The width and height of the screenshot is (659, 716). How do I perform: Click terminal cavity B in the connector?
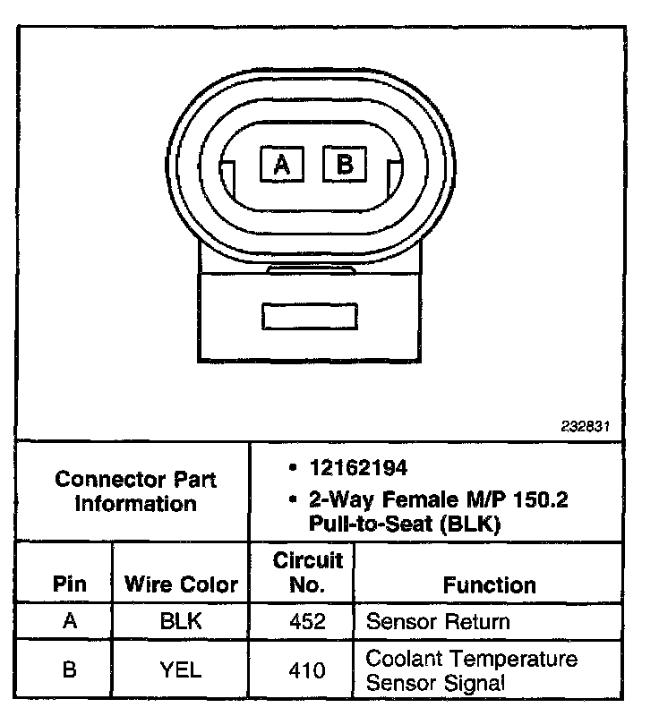pyautogui.click(x=345, y=165)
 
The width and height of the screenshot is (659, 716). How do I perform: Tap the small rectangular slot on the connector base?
pyautogui.click(x=309, y=316)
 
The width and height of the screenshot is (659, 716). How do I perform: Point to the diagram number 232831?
pyautogui.click(x=586, y=427)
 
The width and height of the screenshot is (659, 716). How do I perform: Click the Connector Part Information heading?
pyautogui.click(x=136, y=491)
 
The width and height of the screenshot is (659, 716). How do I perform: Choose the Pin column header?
pyautogui.click(x=70, y=585)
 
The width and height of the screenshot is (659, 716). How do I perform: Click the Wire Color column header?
pyautogui.click(x=181, y=585)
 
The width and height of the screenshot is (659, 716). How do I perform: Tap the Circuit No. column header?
pyautogui.click(x=307, y=573)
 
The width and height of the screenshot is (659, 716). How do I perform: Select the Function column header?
pyautogui.click(x=490, y=585)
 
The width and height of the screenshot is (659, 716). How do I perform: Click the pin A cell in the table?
pyautogui.click(x=70, y=621)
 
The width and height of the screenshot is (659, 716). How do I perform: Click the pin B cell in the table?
pyautogui.click(x=70, y=669)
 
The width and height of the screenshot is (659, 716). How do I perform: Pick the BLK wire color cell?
pyautogui.click(x=181, y=621)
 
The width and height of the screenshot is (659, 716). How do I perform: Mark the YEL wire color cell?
pyautogui.click(x=181, y=669)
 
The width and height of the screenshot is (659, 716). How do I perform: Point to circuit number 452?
pyautogui.click(x=307, y=621)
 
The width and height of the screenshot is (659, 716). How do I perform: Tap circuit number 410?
pyautogui.click(x=307, y=669)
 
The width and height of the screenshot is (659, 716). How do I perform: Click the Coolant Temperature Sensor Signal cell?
pyautogui.click(x=471, y=670)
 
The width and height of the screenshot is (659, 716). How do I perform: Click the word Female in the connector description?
pyautogui.click(x=400, y=498)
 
